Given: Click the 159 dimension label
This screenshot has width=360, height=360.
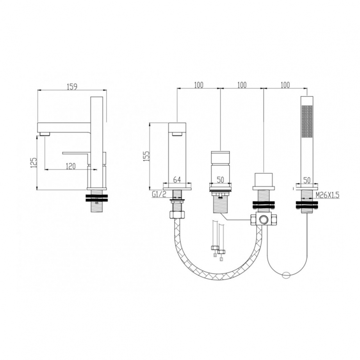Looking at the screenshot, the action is coord(72,87).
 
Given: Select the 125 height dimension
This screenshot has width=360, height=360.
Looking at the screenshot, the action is coord(34,162).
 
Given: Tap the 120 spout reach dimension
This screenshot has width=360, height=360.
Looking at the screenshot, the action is coord(71,166).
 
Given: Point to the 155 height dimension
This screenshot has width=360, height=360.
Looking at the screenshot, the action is coord(146,156).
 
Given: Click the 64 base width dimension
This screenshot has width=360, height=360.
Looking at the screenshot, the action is coord(176,180).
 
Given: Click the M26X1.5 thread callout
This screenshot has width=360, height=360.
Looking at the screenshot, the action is coord(328,195).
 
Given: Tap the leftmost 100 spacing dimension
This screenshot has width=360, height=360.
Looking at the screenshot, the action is coord(199,85).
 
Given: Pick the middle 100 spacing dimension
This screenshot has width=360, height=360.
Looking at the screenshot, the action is coord(242,85).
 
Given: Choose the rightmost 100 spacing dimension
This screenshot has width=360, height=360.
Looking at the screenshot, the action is coord(285,85).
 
